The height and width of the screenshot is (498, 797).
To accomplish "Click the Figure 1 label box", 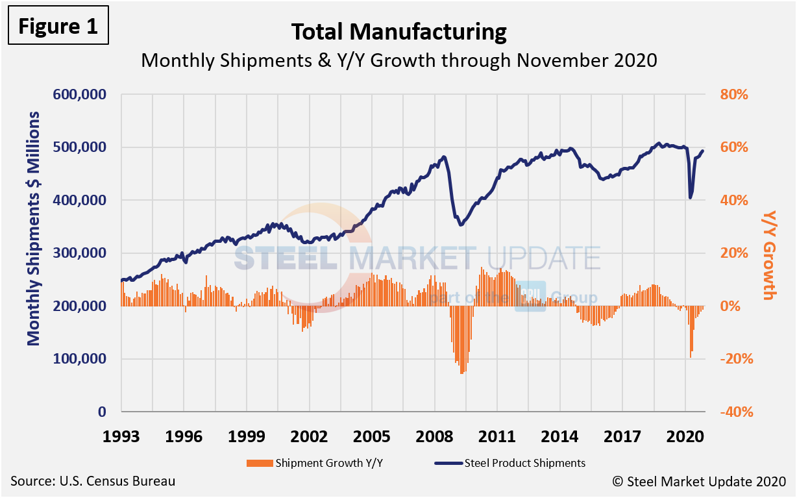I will tap(57, 26).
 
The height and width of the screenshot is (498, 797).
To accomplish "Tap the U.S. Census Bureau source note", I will tap(93, 482).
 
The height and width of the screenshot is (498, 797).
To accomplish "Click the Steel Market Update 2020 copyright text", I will tap(699, 482).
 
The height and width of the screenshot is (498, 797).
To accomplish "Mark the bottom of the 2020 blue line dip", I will tap(691, 197).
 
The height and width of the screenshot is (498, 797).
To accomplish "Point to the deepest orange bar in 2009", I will tap(461, 373).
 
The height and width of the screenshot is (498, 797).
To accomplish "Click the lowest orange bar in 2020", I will tap(691, 356).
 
